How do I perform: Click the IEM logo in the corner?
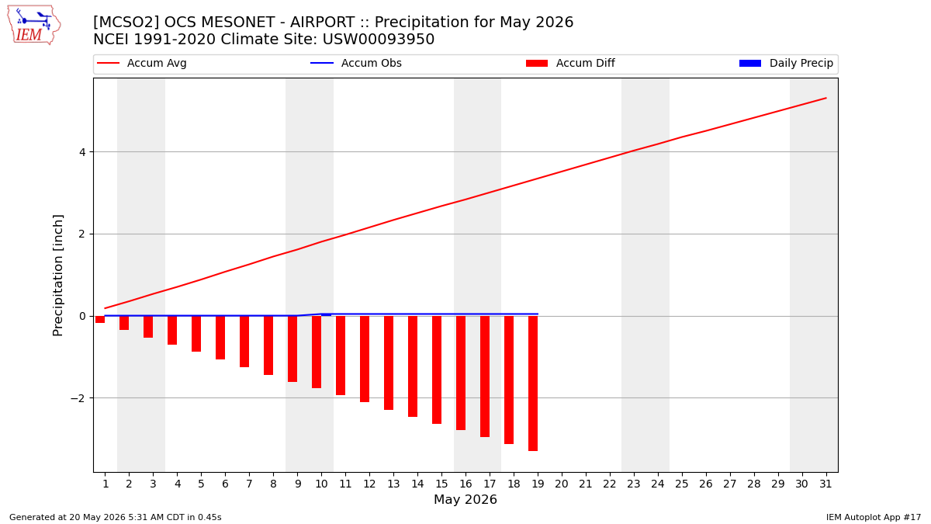33,26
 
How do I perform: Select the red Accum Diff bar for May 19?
533,383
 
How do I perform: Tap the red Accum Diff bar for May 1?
100,319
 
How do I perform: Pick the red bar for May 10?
317,352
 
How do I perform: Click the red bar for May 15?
436,370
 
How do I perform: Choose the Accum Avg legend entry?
142,63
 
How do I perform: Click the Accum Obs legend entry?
356,63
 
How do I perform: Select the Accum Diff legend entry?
570,63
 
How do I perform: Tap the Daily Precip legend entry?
787,63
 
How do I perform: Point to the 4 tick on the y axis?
82,152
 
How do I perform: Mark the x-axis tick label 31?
825,484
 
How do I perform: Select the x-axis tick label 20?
562,484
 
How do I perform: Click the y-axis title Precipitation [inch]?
57,276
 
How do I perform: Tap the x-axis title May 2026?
465,499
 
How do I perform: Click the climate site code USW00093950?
379,40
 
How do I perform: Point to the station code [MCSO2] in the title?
126,22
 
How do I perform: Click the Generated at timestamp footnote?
115,517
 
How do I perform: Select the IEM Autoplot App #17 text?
874,517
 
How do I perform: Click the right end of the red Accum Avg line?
825,98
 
